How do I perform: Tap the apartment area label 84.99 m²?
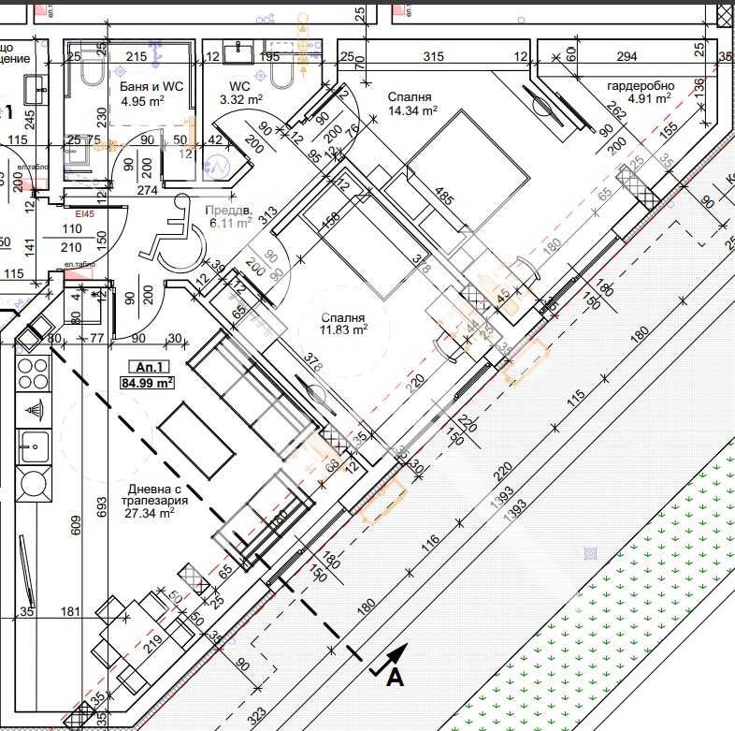[147, 383]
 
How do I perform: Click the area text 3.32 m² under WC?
[240, 98]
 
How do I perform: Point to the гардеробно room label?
[639, 86]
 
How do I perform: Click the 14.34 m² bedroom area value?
[412, 110]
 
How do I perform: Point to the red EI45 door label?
[86, 214]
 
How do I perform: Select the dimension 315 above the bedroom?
[433, 57]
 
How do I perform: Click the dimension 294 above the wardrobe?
[626, 57]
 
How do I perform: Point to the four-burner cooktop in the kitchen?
[33, 373]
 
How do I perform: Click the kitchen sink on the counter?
[34, 445]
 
